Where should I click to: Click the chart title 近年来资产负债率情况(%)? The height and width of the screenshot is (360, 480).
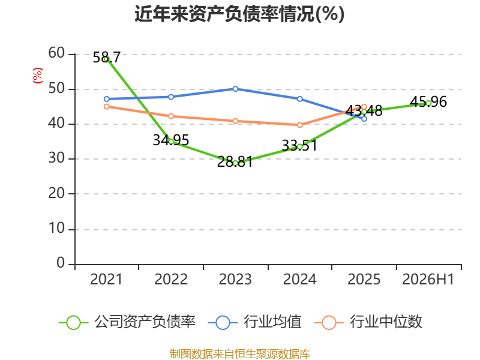click(x=239, y=14)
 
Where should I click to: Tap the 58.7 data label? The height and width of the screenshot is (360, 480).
click(x=107, y=57)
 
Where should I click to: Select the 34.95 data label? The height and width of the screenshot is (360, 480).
click(x=171, y=140)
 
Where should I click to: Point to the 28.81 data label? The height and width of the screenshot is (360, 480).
click(x=235, y=161)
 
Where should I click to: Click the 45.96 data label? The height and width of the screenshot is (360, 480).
click(x=428, y=101)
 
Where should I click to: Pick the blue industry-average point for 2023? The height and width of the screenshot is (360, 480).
click(x=235, y=89)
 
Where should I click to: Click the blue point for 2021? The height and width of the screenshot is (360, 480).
click(x=107, y=99)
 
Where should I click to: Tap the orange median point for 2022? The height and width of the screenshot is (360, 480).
click(x=171, y=116)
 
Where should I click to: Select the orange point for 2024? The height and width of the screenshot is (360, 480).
click(x=299, y=125)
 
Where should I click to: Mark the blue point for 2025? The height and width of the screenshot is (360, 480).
click(x=364, y=119)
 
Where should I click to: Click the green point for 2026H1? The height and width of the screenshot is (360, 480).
click(x=428, y=103)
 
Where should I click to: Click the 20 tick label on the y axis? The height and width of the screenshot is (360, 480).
click(x=56, y=193)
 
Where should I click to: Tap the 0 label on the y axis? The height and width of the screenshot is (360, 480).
click(x=61, y=263)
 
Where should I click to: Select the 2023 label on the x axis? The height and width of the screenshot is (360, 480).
click(x=235, y=279)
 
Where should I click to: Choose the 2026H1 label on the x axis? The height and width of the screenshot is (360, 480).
click(x=428, y=279)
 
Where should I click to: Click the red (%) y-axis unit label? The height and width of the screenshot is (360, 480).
click(x=38, y=76)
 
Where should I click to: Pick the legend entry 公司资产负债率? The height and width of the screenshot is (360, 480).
click(x=127, y=322)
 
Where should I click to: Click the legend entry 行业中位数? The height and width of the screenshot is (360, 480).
click(x=368, y=322)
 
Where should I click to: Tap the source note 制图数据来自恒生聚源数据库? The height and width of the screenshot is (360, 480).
click(x=239, y=354)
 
